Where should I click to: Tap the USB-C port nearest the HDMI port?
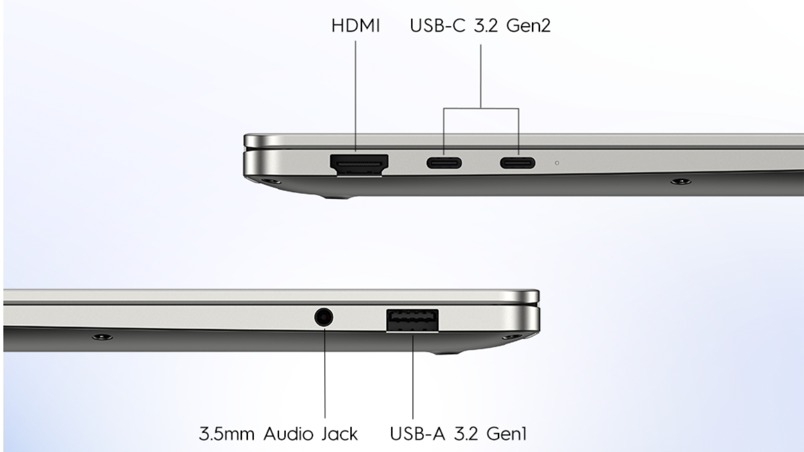[x=444, y=163]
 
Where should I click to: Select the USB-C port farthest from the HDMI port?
[x=518, y=163]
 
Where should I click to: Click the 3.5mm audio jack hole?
[x=324, y=318]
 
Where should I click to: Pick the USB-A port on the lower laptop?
[x=413, y=320]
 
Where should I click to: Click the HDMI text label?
[x=355, y=26]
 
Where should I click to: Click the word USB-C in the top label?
[x=438, y=26]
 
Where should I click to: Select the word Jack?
[x=339, y=434]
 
